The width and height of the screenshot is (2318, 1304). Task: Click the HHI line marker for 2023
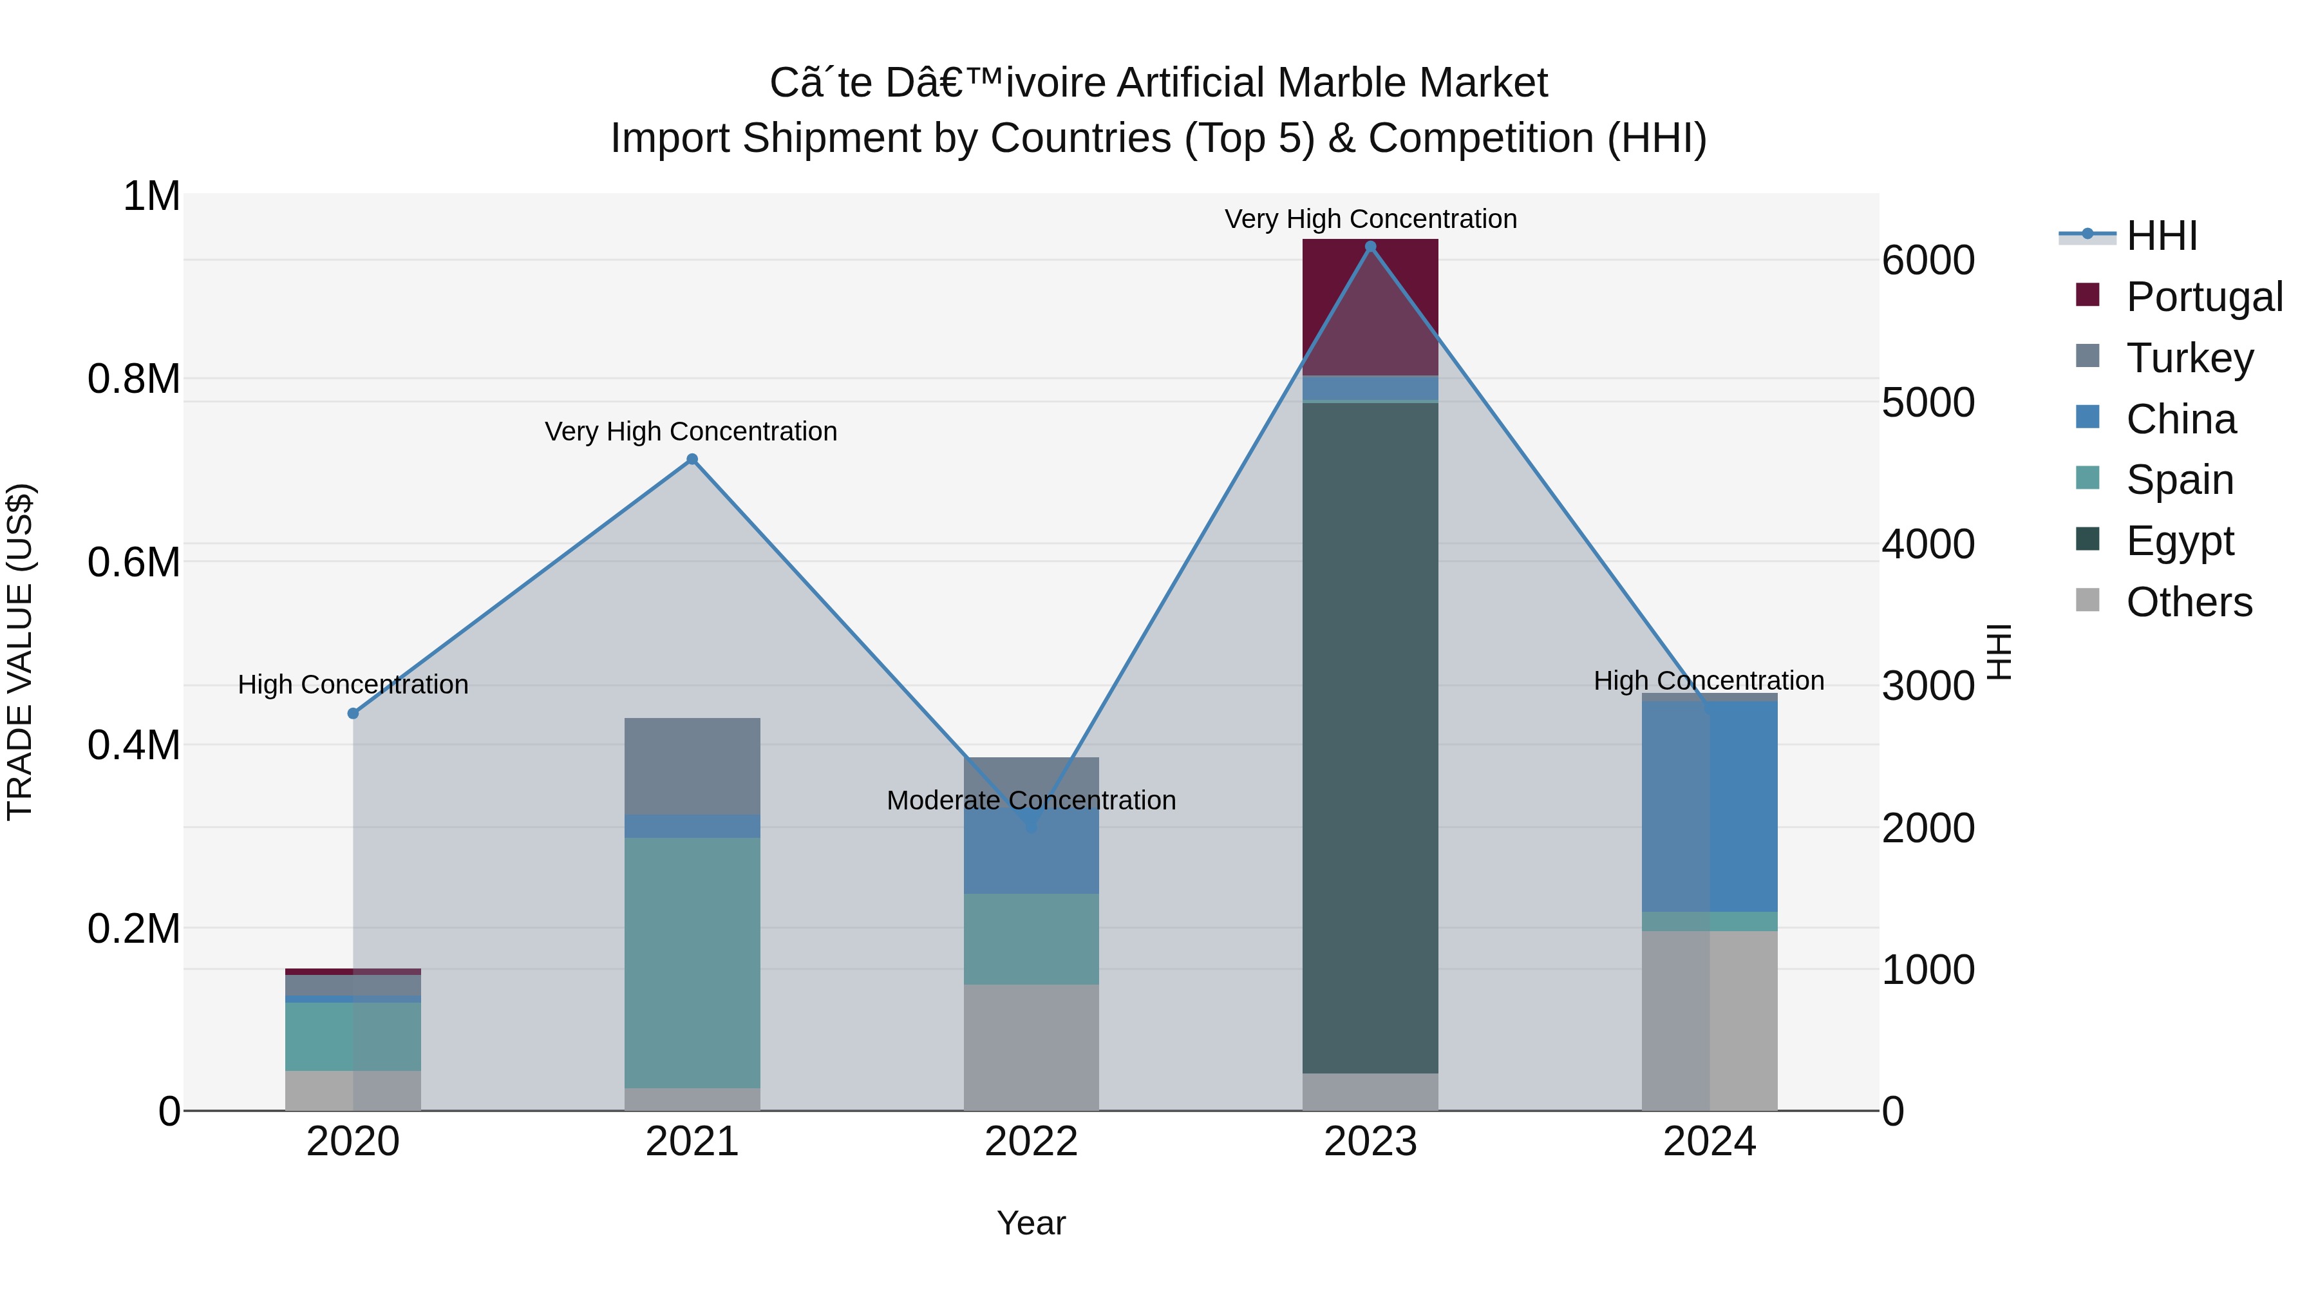click(1370, 247)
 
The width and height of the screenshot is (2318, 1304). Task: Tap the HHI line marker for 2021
click(692, 459)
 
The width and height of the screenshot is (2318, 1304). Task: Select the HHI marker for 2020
click(353, 713)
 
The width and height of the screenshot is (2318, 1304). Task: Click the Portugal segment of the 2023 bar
click(1370, 306)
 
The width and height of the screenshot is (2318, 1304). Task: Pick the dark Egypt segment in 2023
click(1370, 738)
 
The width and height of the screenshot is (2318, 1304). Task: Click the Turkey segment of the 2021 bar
click(692, 766)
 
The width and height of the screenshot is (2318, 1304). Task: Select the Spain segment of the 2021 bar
click(692, 962)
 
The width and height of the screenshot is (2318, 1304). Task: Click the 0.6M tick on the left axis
click(133, 562)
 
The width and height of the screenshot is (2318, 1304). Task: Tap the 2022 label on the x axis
click(1032, 1142)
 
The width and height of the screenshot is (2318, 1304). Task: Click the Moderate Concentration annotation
click(1032, 800)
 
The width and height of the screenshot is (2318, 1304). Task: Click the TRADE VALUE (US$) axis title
click(20, 652)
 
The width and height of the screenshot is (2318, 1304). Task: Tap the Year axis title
click(1032, 1223)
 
